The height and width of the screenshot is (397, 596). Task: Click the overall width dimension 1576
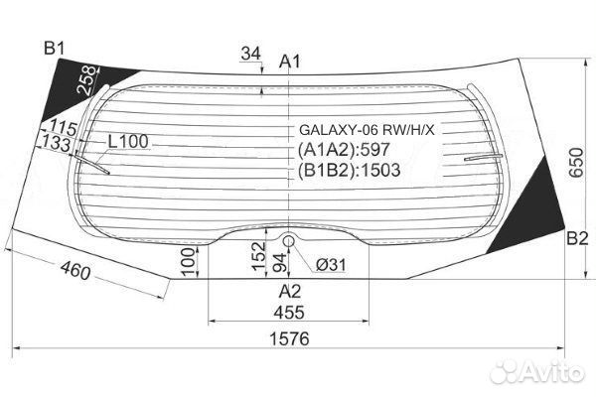(288, 338)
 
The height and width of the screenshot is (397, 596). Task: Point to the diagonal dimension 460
(84, 269)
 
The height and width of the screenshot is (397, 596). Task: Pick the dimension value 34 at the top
(251, 53)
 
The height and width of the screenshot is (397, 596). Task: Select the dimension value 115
(61, 128)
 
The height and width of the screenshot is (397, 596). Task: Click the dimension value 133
(56, 145)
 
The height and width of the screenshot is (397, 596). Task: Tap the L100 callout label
(127, 141)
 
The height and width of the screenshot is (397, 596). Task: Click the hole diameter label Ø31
(331, 264)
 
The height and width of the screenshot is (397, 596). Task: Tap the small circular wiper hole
(289, 239)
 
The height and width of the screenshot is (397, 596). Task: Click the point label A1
(289, 63)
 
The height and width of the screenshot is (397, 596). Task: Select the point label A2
(289, 291)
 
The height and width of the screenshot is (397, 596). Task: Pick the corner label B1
(54, 48)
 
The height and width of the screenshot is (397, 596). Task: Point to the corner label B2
(577, 237)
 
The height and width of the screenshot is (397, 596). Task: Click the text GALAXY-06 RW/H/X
(367, 129)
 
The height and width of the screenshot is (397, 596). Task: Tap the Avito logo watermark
(537, 371)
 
